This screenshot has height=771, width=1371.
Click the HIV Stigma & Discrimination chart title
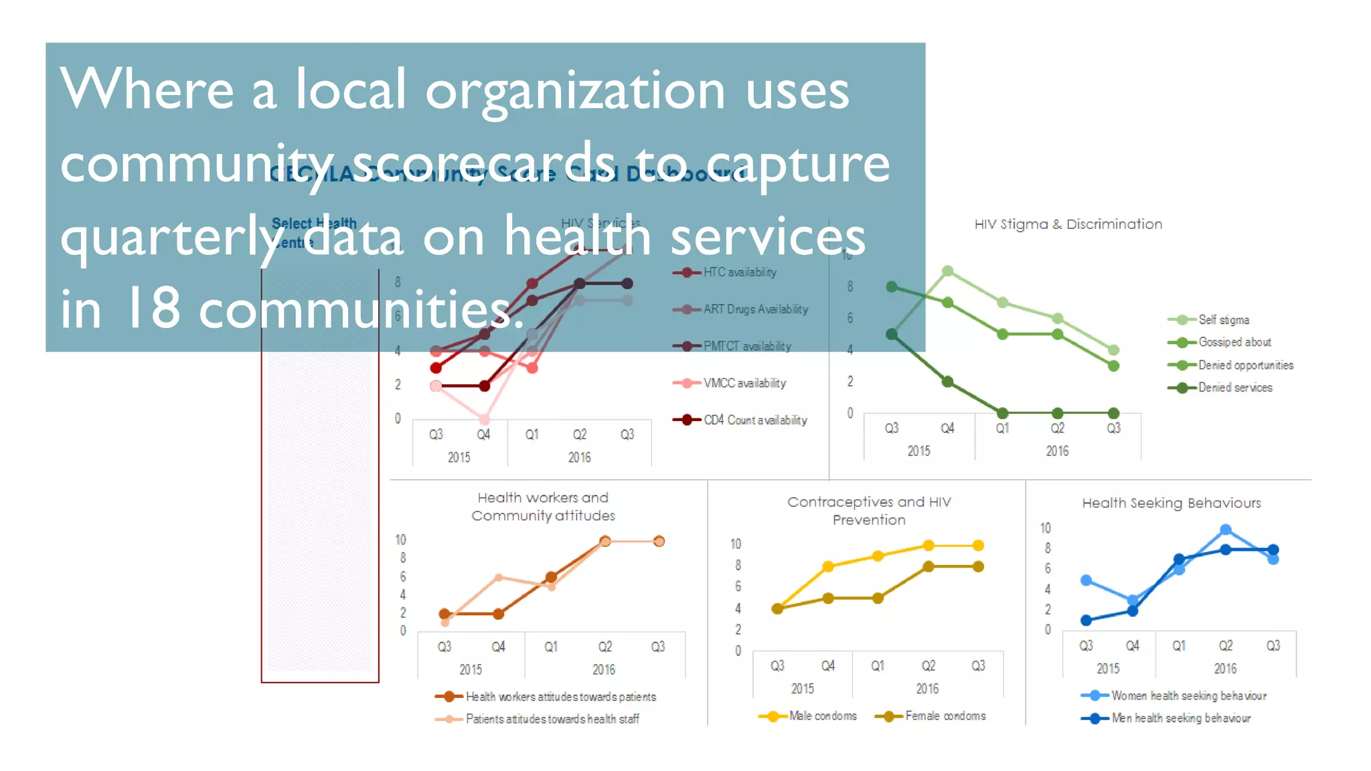(1068, 224)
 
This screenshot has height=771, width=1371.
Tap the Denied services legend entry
(1234, 388)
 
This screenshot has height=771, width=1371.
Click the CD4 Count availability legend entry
(754, 420)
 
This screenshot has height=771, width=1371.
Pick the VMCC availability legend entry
(744, 383)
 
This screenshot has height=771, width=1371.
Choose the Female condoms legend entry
(945, 716)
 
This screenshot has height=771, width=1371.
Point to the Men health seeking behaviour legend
(1180, 718)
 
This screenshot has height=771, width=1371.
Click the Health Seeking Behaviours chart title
(1172, 503)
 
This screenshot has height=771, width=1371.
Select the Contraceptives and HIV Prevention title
(869, 511)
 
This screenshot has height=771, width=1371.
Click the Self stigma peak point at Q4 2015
(947, 271)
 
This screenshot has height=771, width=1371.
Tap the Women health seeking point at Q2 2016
(1225, 529)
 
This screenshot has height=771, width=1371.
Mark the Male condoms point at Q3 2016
(978, 545)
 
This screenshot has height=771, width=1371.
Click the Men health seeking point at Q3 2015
(1086, 620)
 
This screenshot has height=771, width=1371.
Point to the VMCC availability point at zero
(484, 420)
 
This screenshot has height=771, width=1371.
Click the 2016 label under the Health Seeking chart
(1225, 669)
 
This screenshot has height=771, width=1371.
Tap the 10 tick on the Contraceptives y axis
(735, 544)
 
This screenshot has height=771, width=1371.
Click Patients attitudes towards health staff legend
(552, 719)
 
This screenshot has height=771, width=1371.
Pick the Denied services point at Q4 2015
(947, 381)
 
